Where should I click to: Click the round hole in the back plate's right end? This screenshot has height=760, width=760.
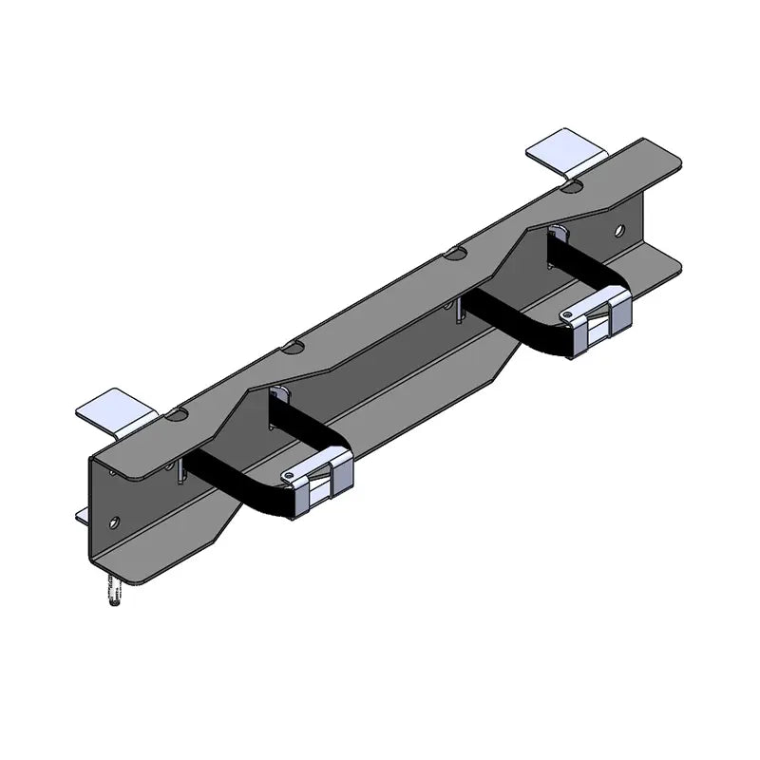pyautogui.click(x=618, y=230)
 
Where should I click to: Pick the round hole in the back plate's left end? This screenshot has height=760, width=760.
pyautogui.click(x=115, y=522)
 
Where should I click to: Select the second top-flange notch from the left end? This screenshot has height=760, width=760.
pyautogui.click(x=292, y=348)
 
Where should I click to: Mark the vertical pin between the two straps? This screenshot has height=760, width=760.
pyautogui.click(x=459, y=313)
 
